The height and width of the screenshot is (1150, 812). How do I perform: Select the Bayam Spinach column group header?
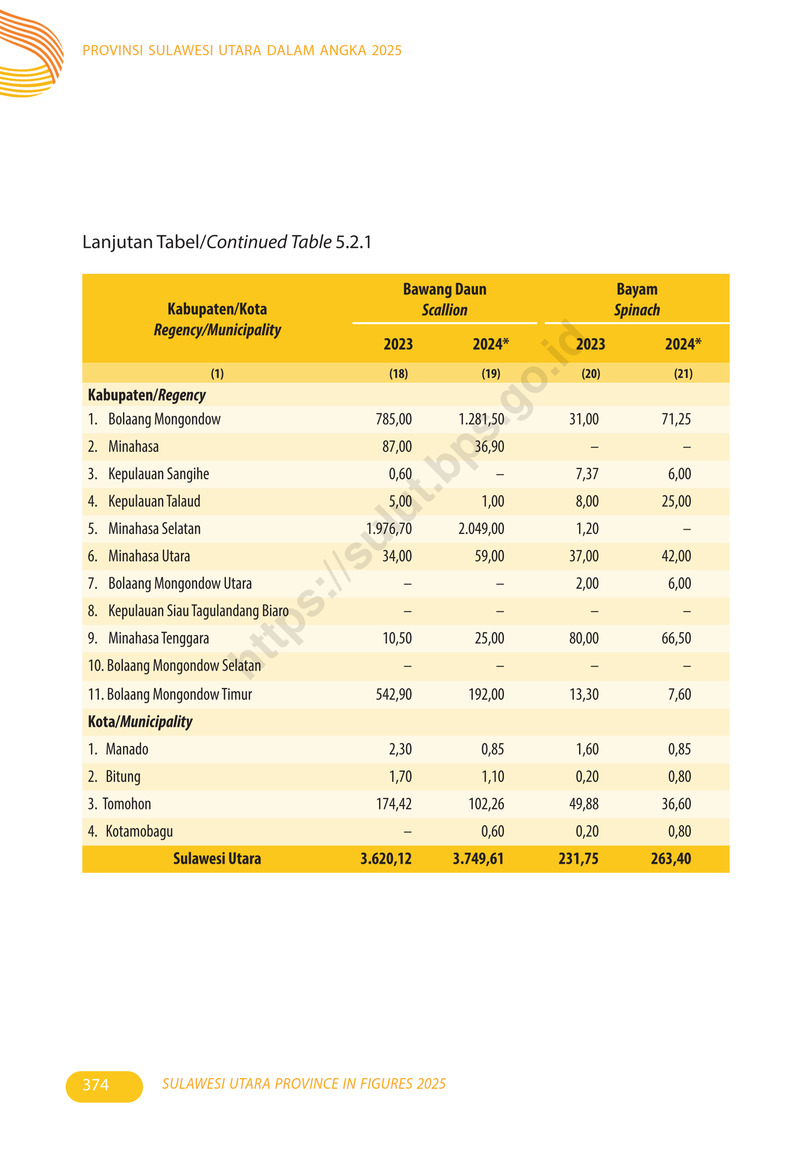coord(637,300)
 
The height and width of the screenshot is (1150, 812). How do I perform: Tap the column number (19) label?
coord(490,373)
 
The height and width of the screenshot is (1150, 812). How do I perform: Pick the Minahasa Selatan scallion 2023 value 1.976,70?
coord(389,529)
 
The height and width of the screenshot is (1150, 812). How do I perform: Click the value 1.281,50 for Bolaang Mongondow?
coord(481,419)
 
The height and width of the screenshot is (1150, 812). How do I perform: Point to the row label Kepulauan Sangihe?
coord(158,474)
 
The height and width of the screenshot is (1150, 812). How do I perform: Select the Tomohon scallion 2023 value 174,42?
coord(394,804)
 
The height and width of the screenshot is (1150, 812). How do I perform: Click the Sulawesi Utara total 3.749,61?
coord(478,859)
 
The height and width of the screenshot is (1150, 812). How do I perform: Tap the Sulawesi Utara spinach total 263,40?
coord(671,859)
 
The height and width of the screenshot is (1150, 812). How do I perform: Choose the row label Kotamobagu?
coord(139,831)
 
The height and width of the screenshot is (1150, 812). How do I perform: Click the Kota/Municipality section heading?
coord(140,722)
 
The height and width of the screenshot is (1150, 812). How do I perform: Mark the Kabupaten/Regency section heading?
coord(147,395)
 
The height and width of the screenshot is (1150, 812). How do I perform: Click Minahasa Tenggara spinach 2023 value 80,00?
coord(584,639)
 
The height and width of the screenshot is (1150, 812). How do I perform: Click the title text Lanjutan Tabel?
coord(141,242)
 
